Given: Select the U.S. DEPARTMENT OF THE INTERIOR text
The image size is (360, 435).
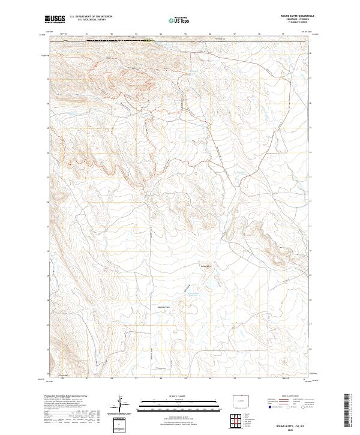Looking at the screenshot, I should pos(91,16).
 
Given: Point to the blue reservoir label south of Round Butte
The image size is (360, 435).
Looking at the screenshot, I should pos(191,293).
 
